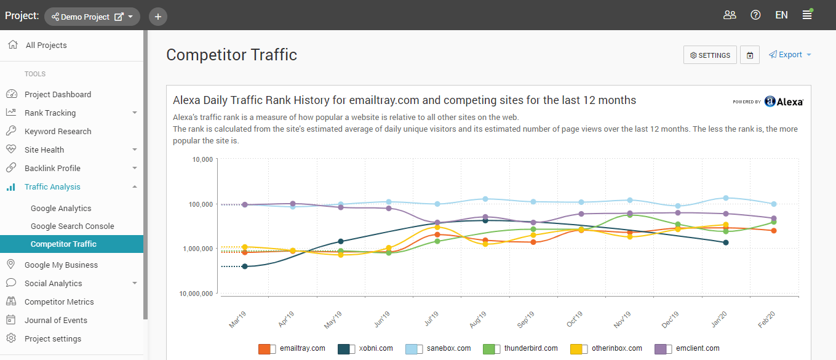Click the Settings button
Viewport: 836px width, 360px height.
pos(710,55)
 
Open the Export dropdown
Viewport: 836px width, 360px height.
pos(790,55)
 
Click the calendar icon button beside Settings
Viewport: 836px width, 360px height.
pos(750,55)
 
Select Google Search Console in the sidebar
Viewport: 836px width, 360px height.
pos(73,226)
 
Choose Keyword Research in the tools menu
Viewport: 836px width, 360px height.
pos(58,131)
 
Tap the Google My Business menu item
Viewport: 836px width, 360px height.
pos(61,265)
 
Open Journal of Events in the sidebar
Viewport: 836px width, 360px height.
pos(56,320)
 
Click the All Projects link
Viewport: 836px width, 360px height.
pos(46,45)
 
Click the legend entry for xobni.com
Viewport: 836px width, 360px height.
pos(365,348)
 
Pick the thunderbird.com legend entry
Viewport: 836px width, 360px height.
pos(520,348)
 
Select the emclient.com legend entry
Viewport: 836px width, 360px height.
pos(687,348)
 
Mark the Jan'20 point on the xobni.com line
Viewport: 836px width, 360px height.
pos(726,242)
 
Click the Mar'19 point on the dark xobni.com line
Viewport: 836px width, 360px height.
pos(245,266)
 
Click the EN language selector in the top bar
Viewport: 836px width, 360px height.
pos(781,15)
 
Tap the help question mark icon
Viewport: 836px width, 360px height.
pos(755,15)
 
